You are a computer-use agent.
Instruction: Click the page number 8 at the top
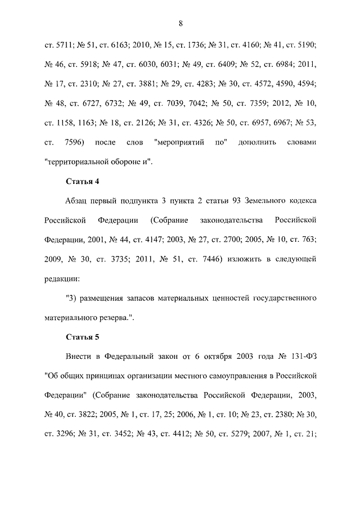tap(180, 24)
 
